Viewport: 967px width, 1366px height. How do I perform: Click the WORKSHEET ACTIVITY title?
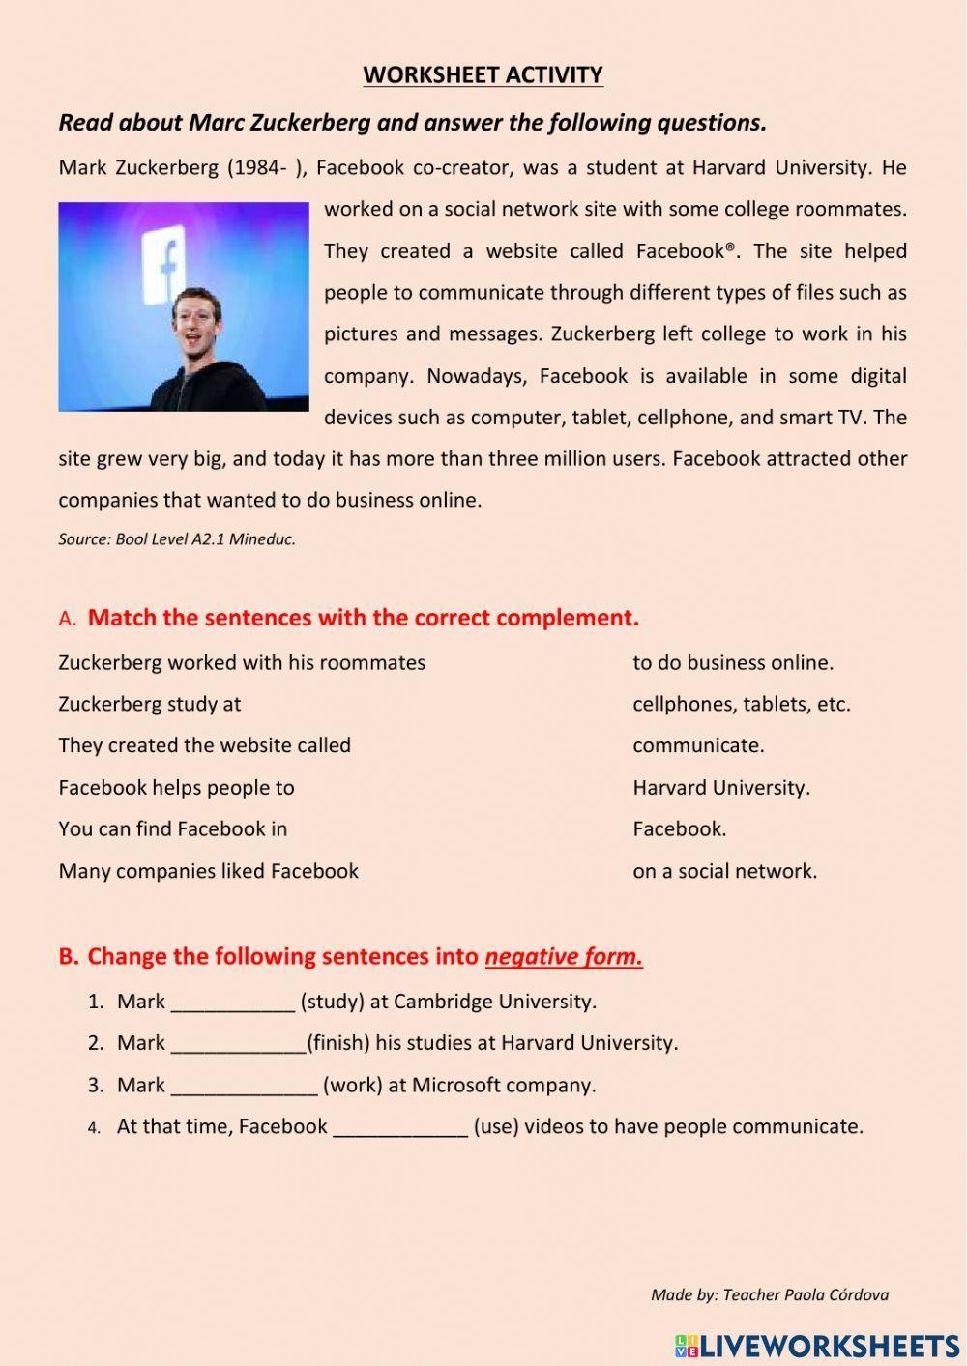pos(483,74)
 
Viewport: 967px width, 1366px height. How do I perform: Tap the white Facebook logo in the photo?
pos(163,267)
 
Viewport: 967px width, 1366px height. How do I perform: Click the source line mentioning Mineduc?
pos(177,539)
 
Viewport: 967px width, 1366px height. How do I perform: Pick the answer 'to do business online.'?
pos(733,662)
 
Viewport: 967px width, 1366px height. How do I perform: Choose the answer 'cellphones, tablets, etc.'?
pos(742,704)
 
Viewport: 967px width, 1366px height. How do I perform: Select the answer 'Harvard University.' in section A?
pos(721,787)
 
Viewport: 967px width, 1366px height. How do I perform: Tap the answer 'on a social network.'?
pos(724,871)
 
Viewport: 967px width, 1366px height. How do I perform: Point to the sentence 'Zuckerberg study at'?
pos(150,704)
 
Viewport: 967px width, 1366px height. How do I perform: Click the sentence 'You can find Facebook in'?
pos(173,828)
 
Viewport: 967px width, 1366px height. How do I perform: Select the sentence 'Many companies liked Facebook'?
pos(209,871)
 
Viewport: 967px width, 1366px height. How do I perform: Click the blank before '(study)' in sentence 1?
pos(232,1003)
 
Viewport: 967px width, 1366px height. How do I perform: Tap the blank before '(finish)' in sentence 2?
pos(238,1044)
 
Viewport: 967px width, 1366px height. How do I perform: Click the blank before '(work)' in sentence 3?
pos(244,1086)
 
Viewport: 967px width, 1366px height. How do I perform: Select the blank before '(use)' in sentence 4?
pos(400,1127)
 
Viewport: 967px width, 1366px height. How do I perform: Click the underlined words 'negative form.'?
pos(564,957)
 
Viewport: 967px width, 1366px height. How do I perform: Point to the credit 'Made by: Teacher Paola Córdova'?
pos(770,1294)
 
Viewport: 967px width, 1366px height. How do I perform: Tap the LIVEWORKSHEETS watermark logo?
pos(817,1346)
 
